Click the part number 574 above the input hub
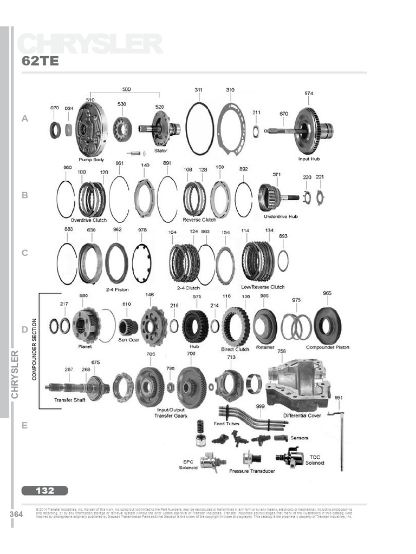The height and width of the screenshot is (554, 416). click(x=308, y=93)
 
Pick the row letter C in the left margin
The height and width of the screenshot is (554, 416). click(x=24, y=253)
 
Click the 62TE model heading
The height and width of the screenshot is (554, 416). click(x=40, y=61)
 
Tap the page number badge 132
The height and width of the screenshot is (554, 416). click(x=45, y=491)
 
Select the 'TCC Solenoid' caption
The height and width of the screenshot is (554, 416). click(x=315, y=460)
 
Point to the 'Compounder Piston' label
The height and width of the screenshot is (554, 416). click(x=328, y=347)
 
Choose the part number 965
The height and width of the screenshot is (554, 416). click(x=327, y=293)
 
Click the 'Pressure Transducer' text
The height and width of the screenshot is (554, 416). click(x=252, y=471)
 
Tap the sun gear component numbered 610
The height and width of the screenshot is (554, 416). click(x=128, y=327)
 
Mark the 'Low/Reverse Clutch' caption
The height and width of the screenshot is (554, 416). click(x=263, y=287)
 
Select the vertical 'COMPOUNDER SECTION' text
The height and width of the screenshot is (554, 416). click(x=34, y=337)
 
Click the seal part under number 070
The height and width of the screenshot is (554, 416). click(x=55, y=130)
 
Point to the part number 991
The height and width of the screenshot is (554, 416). click(x=339, y=398)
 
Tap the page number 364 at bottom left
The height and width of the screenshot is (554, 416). click(x=16, y=514)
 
